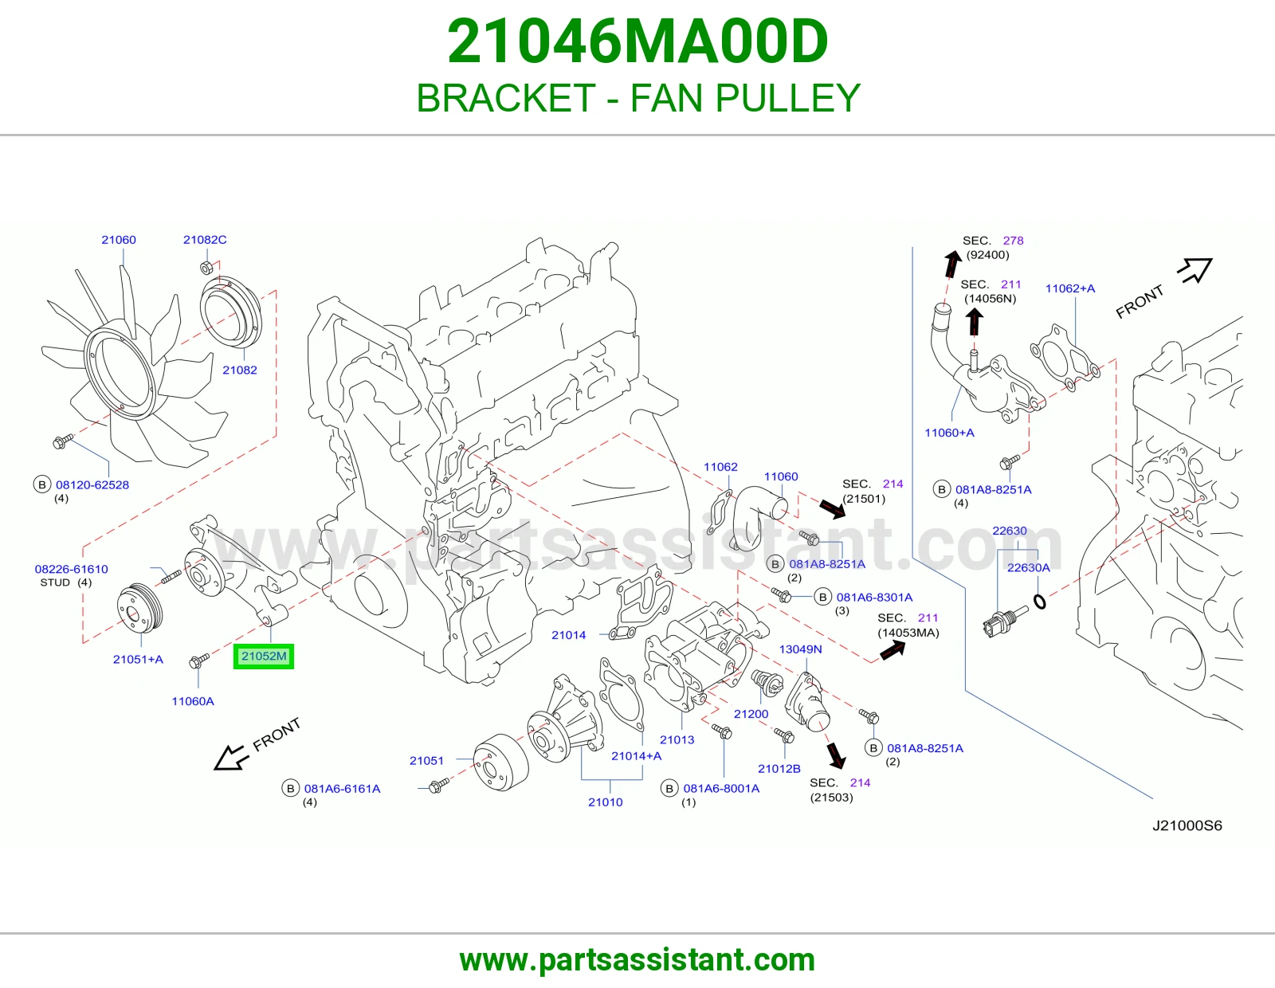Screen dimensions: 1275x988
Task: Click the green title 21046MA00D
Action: coord(637,41)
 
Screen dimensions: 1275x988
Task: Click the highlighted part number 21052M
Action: coord(264,656)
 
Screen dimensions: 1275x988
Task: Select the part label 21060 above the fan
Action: coord(119,239)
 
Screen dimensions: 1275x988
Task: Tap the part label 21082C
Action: coord(205,239)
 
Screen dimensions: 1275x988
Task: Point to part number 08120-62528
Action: coord(92,484)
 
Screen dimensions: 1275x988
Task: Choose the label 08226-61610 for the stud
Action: coord(71,569)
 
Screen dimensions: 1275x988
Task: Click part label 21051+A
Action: coord(138,659)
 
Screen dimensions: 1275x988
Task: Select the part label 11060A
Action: coord(193,700)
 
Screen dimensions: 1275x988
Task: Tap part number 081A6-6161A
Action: coord(342,789)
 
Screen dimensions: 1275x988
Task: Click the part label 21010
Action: coord(606,802)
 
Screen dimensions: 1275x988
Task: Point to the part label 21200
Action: coord(751,713)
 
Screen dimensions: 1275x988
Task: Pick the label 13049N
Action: coord(800,649)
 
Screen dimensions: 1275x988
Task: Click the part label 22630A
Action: coord(1029,567)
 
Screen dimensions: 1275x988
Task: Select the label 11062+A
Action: coord(1070,288)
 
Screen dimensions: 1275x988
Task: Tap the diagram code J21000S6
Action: coord(1187,825)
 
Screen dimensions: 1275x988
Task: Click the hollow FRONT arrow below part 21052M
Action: coord(229,758)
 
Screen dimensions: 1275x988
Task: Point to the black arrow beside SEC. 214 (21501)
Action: coord(833,508)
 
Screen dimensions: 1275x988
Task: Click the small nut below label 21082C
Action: coord(206,269)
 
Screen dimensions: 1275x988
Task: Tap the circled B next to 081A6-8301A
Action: coord(822,597)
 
